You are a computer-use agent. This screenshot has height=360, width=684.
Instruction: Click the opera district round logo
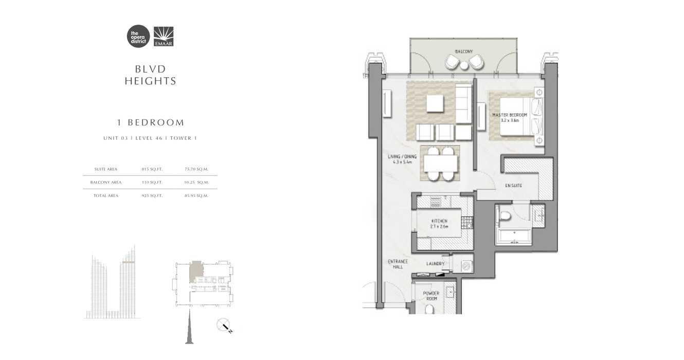click(x=138, y=37)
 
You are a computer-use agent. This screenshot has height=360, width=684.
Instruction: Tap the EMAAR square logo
click(x=164, y=37)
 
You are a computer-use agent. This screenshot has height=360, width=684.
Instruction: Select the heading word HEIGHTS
click(x=150, y=81)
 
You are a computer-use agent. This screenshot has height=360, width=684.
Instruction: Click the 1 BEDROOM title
click(x=150, y=122)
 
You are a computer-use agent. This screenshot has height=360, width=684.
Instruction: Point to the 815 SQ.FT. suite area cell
click(x=152, y=169)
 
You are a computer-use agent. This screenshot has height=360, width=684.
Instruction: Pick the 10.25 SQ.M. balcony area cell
click(x=196, y=182)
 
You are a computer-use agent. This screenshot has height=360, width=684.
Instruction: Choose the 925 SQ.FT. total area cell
click(x=152, y=195)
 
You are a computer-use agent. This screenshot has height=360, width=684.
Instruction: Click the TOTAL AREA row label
click(x=106, y=195)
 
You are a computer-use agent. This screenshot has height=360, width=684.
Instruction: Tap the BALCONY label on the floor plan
click(x=464, y=51)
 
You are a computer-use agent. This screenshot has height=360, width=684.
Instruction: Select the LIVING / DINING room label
click(x=401, y=159)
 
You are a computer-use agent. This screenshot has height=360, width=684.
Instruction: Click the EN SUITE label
click(x=513, y=185)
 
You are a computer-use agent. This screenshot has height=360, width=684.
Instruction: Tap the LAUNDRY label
click(x=435, y=264)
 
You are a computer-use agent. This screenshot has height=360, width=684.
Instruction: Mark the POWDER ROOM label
click(x=431, y=296)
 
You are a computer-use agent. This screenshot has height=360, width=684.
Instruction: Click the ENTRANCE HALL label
click(x=398, y=264)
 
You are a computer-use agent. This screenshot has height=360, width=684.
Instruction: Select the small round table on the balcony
click(x=464, y=65)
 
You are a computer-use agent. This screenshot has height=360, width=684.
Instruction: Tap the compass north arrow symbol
click(x=225, y=326)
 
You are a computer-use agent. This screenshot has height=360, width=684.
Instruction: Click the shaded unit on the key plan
click(x=195, y=272)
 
